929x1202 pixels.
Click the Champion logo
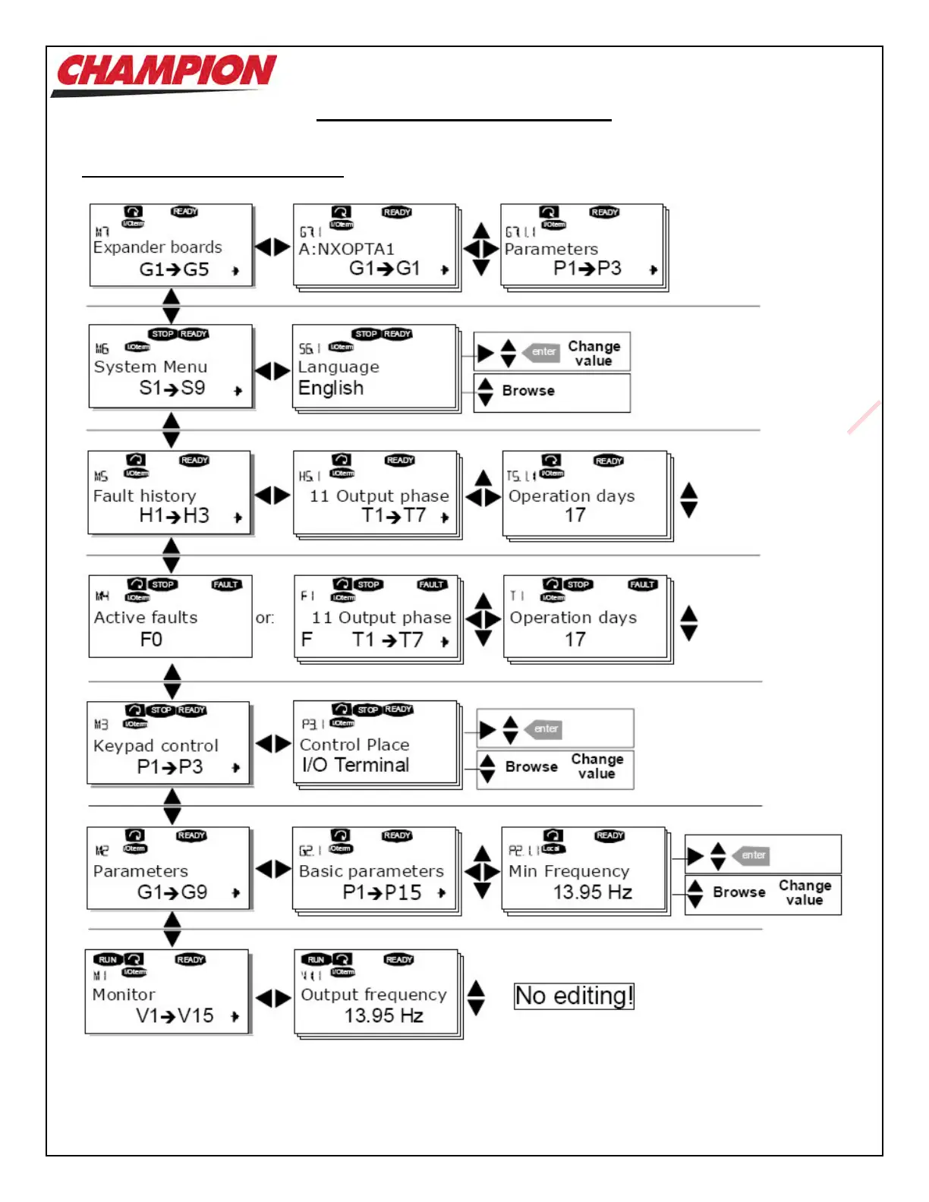click(x=165, y=73)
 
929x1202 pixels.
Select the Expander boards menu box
click(x=171, y=245)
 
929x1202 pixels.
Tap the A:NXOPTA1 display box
click(x=375, y=246)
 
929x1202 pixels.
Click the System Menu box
click(x=170, y=367)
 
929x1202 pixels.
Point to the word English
click(x=331, y=389)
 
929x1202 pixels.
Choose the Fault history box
click(x=169, y=493)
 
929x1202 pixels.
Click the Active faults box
click(x=170, y=617)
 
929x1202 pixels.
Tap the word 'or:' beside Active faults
click(x=265, y=618)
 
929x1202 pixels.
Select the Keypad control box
click(x=168, y=743)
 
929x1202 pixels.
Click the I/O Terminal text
click(x=355, y=765)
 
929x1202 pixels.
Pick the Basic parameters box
click(x=374, y=869)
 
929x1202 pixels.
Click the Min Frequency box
click(x=583, y=870)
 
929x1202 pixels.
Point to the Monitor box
click(x=167, y=992)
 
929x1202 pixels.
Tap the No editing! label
click(x=574, y=996)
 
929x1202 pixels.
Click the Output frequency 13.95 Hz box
click(x=376, y=993)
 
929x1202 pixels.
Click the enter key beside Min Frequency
click(x=751, y=855)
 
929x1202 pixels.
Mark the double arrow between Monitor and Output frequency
click(x=272, y=998)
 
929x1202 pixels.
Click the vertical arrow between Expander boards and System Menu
click(x=172, y=306)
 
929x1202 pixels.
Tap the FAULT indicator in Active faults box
click(x=226, y=584)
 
